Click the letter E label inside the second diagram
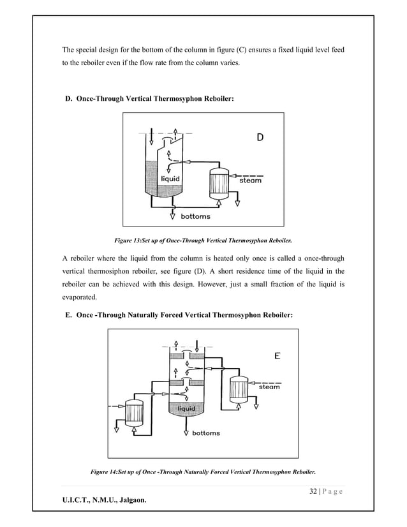pos(277,356)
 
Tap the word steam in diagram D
pos(250,181)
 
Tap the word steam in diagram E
pos(269,387)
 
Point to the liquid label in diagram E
pos(186,408)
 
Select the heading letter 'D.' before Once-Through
pos(68,100)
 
